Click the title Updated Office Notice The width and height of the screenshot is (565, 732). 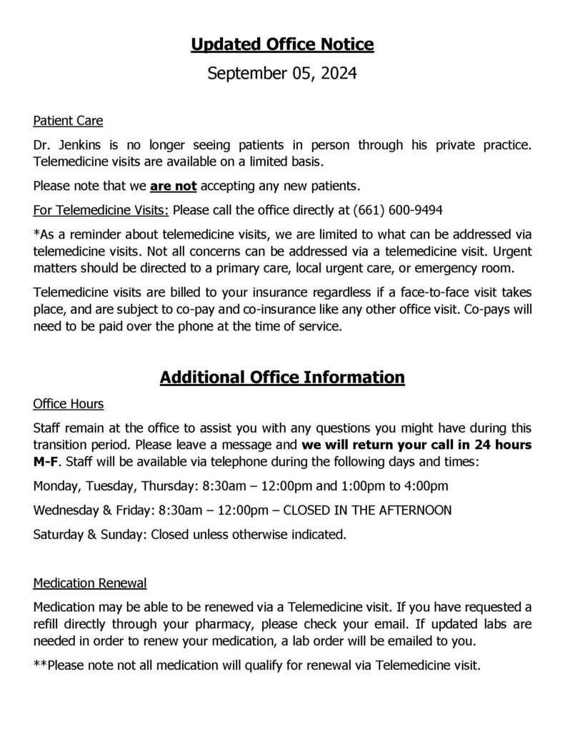click(282, 45)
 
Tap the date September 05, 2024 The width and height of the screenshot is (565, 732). click(282, 73)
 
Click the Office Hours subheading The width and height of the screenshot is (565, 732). click(69, 404)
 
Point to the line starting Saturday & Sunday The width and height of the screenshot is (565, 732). click(189, 533)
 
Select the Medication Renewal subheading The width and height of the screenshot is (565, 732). click(90, 583)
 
